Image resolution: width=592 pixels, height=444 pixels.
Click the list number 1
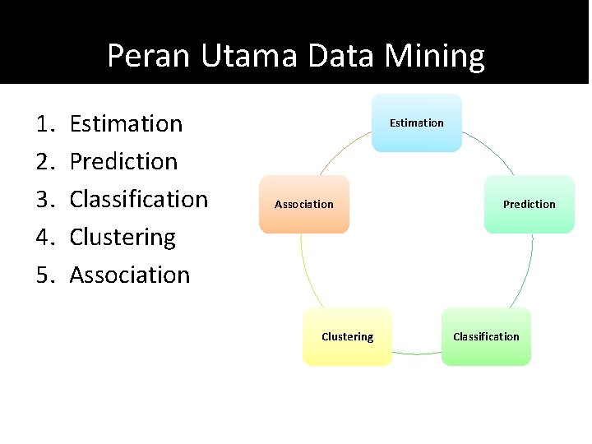tap(44, 124)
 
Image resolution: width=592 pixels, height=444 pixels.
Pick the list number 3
tap(44, 200)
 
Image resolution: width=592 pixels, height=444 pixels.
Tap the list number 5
tap(44, 275)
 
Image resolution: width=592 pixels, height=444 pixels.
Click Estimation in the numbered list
tap(126, 124)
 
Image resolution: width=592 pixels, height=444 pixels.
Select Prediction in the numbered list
tap(123, 162)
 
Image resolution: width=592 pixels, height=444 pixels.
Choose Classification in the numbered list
tap(138, 200)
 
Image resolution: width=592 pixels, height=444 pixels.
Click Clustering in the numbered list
tap(123, 238)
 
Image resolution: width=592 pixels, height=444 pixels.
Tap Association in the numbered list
tap(129, 275)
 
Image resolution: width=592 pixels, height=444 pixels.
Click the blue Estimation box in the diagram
tap(417, 123)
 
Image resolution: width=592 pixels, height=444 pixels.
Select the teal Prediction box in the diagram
tap(529, 204)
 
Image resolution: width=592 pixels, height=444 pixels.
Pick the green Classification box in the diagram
tap(486, 336)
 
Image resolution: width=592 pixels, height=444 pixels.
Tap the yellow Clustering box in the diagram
tap(347, 336)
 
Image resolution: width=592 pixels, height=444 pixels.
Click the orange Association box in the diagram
tap(304, 204)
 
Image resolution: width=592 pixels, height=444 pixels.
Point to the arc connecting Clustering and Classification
tap(417, 354)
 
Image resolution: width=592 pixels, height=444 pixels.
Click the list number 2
tap(44, 162)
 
